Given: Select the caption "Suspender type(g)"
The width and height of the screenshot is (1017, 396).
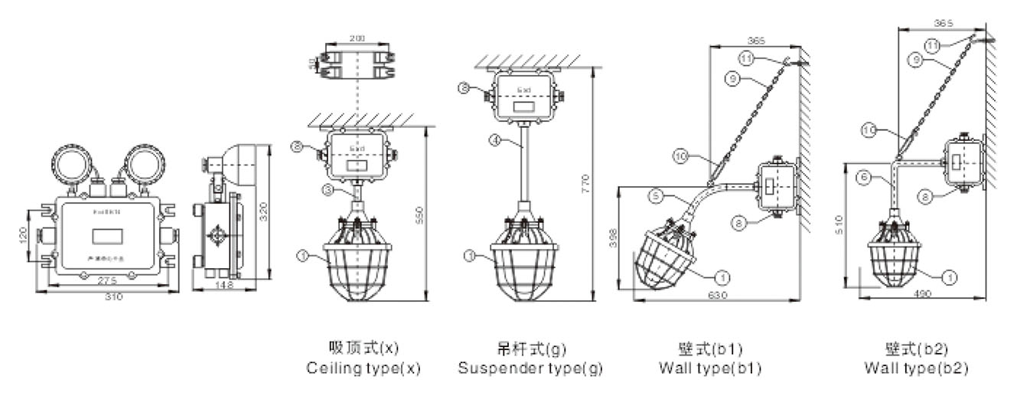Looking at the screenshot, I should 530,368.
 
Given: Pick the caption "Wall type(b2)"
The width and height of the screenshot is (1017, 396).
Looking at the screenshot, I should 916,368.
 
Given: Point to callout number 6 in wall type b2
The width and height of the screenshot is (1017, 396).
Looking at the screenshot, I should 864,176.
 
